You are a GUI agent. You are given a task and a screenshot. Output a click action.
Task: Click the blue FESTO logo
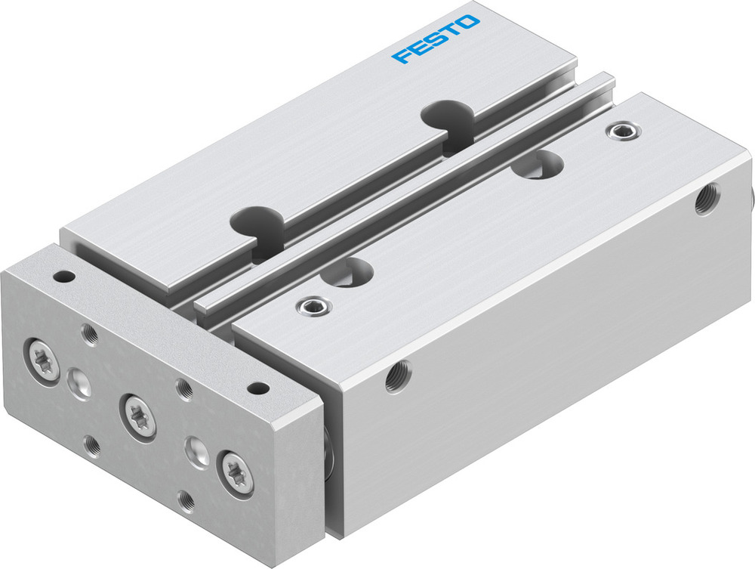(436, 39)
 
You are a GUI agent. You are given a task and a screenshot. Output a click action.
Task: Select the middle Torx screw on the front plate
(138, 413)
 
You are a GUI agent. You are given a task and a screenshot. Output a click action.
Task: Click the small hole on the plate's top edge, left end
(63, 277)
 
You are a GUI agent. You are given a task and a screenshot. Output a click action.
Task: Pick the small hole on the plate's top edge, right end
(258, 388)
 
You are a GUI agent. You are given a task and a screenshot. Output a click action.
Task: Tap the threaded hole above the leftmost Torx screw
(90, 332)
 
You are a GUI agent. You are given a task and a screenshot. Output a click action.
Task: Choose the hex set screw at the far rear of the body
(621, 131)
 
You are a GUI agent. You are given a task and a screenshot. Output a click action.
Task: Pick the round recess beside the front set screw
(348, 271)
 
